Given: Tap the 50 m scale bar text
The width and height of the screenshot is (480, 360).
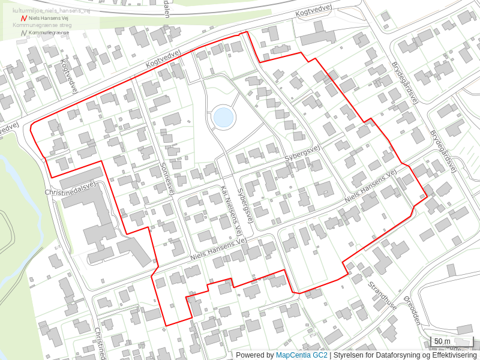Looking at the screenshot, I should tap(442, 341).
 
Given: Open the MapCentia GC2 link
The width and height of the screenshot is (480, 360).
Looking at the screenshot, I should tap(301, 355).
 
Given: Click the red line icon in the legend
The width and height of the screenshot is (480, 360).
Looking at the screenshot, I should tap(23, 19).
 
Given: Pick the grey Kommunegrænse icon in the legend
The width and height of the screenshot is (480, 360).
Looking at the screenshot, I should tap(23, 33).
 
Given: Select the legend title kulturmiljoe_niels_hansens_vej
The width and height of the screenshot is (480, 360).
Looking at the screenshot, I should tap(52, 11).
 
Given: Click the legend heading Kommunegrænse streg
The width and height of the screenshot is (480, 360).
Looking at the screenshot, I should tap(42, 26).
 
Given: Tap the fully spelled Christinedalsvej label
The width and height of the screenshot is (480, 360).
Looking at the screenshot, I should tap(70, 188).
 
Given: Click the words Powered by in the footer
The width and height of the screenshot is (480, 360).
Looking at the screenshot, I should tap(254, 355).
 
